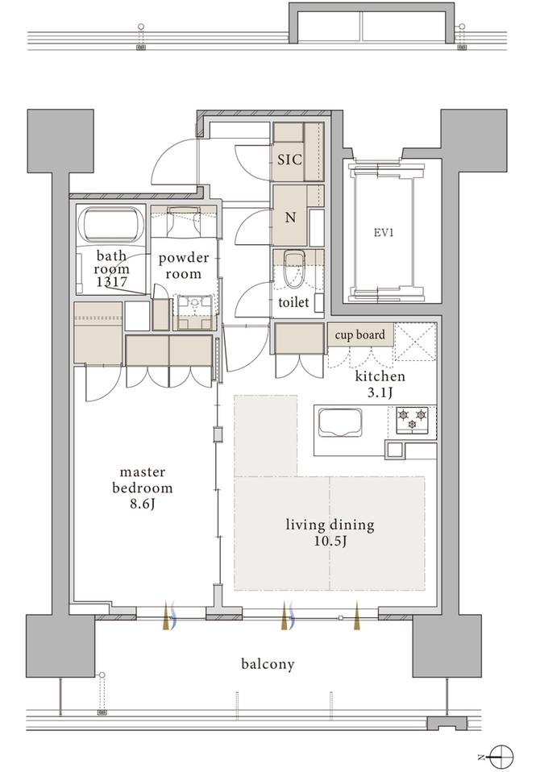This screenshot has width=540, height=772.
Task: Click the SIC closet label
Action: point(289,160)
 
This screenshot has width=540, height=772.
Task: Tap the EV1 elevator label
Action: point(384,232)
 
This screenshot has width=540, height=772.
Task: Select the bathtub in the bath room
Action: point(110,225)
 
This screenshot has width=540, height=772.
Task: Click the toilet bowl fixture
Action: point(295,269)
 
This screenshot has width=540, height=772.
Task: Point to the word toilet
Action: point(293,302)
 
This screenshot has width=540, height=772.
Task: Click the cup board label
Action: point(359,334)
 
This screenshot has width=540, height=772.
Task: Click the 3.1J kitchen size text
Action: point(380,392)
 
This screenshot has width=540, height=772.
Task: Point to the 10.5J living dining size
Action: point(330,542)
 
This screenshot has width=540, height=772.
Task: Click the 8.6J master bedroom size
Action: point(143,504)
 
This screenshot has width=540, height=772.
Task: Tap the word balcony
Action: point(268,664)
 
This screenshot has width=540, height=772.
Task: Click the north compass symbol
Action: point(501,756)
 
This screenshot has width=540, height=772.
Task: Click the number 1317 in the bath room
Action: point(111,282)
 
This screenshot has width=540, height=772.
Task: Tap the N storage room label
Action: point(290,217)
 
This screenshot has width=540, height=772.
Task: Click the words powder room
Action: point(183,266)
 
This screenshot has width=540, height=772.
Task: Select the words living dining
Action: point(330,525)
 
